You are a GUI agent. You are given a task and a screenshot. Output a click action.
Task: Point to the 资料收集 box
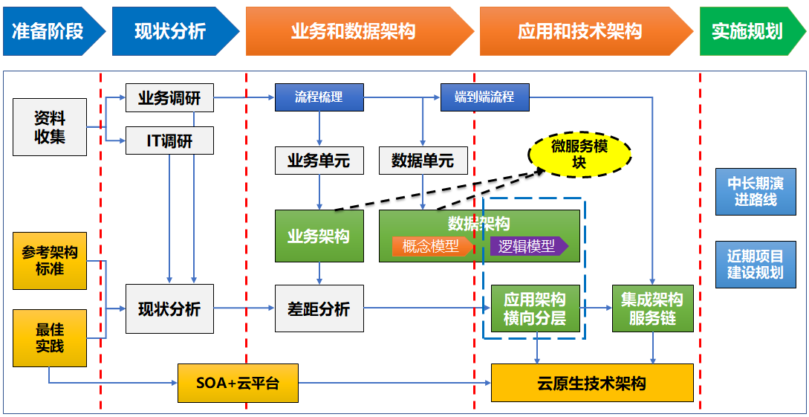click(x=50, y=127)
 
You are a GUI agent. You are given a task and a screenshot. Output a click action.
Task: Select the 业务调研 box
click(x=169, y=97)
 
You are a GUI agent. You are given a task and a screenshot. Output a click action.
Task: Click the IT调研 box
click(x=169, y=140)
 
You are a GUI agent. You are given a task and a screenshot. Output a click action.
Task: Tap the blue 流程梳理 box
click(x=319, y=97)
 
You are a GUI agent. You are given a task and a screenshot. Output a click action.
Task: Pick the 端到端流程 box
click(x=485, y=97)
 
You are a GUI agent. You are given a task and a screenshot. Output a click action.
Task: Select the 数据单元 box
click(x=423, y=161)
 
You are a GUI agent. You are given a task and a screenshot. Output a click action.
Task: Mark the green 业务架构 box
click(x=319, y=236)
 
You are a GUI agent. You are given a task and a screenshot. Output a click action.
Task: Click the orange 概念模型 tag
click(x=432, y=247)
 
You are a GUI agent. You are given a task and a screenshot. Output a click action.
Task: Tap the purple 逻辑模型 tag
click(x=527, y=247)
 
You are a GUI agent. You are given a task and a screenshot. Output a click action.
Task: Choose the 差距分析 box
click(x=319, y=308)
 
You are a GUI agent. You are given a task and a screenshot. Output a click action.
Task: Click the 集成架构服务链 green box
click(x=652, y=308)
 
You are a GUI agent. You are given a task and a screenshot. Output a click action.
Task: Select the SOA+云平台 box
click(x=238, y=384)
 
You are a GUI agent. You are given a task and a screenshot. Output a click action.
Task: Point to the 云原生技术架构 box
click(x=592, y=384)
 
